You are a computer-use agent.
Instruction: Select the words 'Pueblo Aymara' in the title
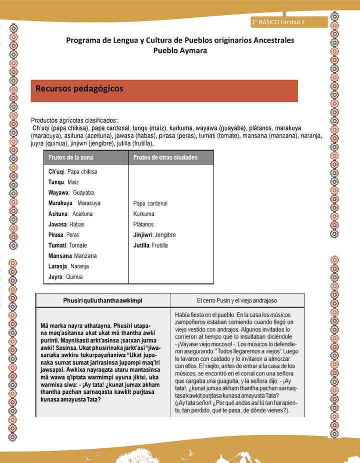[x=179, y=51]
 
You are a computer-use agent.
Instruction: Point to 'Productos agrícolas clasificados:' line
[x=74, y=120]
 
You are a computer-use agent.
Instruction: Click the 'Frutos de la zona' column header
[x=70, y=157]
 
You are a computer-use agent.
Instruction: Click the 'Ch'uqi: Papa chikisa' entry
[x=72, y=171]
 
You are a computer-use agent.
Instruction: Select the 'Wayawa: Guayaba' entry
[x=71, y=192]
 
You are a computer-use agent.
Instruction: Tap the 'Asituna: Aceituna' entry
[x=70, y=213]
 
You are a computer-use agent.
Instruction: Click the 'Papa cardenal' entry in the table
[x=150, y=203]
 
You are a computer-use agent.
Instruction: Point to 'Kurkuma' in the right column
[x=144, y=214]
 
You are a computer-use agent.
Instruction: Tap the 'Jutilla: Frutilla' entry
[x=150, y=245]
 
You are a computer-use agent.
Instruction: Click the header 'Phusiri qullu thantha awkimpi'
[x=103, y=300]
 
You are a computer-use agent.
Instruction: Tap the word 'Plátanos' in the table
[x=143, y=224]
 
